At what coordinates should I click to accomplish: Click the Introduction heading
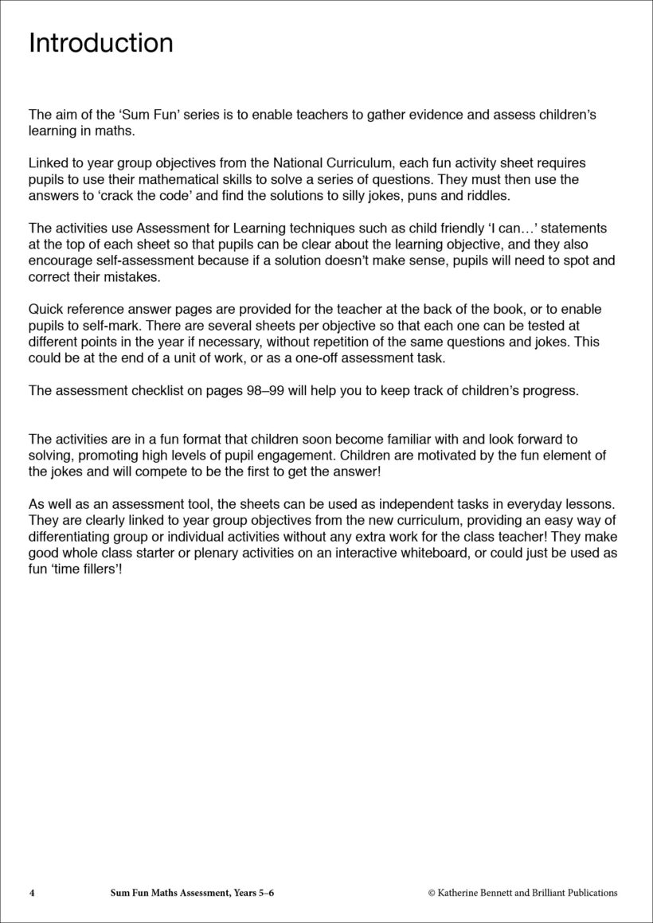[100, 43]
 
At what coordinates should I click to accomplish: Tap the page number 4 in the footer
[31, 893]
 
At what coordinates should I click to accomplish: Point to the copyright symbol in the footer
[432, 893]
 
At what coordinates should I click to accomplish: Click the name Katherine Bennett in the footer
[479, 893]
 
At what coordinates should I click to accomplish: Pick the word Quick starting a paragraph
[46, 309]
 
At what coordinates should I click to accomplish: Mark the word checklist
[146, 390]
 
